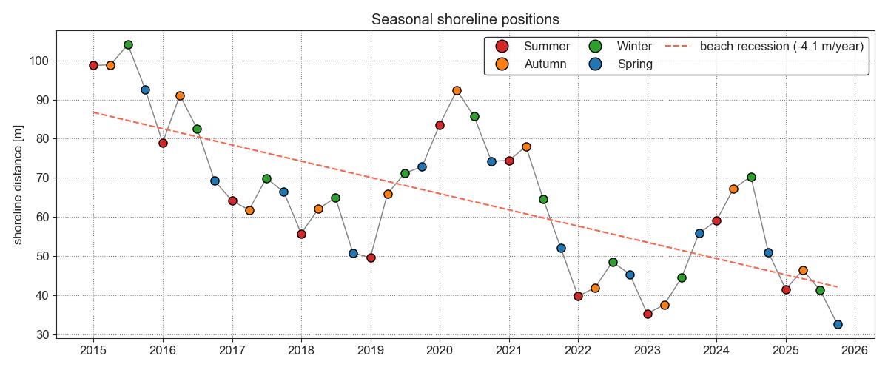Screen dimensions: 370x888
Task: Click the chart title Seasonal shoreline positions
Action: point(465,19)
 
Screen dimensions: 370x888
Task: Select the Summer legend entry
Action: point(547,47)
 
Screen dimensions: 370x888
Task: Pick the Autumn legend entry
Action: point(545,64)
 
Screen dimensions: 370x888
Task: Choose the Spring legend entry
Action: point(635,64)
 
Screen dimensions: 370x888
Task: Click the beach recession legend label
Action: point(781,47)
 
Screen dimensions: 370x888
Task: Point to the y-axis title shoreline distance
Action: point(18,184)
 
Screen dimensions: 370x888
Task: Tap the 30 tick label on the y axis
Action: point(43,334)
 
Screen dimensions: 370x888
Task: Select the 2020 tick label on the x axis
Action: point(440,350)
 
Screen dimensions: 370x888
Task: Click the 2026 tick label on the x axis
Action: point(855,350)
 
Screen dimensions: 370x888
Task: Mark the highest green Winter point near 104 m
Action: point(128,44)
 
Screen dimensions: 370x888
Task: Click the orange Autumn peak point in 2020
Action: point(457,90)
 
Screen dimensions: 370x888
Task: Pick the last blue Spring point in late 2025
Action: point(838,324)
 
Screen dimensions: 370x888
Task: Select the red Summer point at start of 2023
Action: point(647,314)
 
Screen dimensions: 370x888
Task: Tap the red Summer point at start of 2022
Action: point(578,296)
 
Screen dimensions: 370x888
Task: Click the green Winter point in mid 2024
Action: point(751,177)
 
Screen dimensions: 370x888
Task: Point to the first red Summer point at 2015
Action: point(93,65)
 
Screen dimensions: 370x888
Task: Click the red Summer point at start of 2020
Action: point(440,125)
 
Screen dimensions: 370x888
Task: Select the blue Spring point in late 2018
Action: point(353,253)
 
